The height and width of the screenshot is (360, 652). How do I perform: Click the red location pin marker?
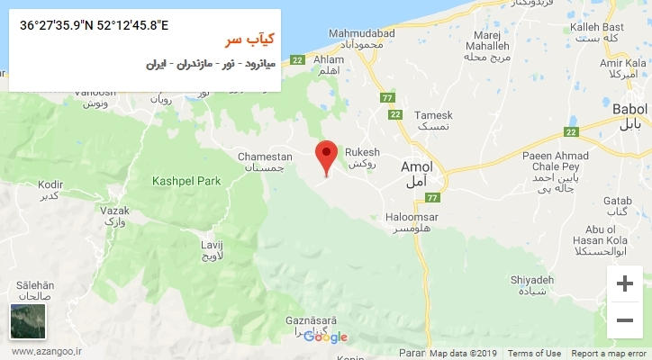[327, 156]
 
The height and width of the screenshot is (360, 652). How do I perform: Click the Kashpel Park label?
[187, 181]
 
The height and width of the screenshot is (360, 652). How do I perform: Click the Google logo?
[325, 337]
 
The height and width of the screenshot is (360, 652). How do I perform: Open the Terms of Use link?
[534, 354]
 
